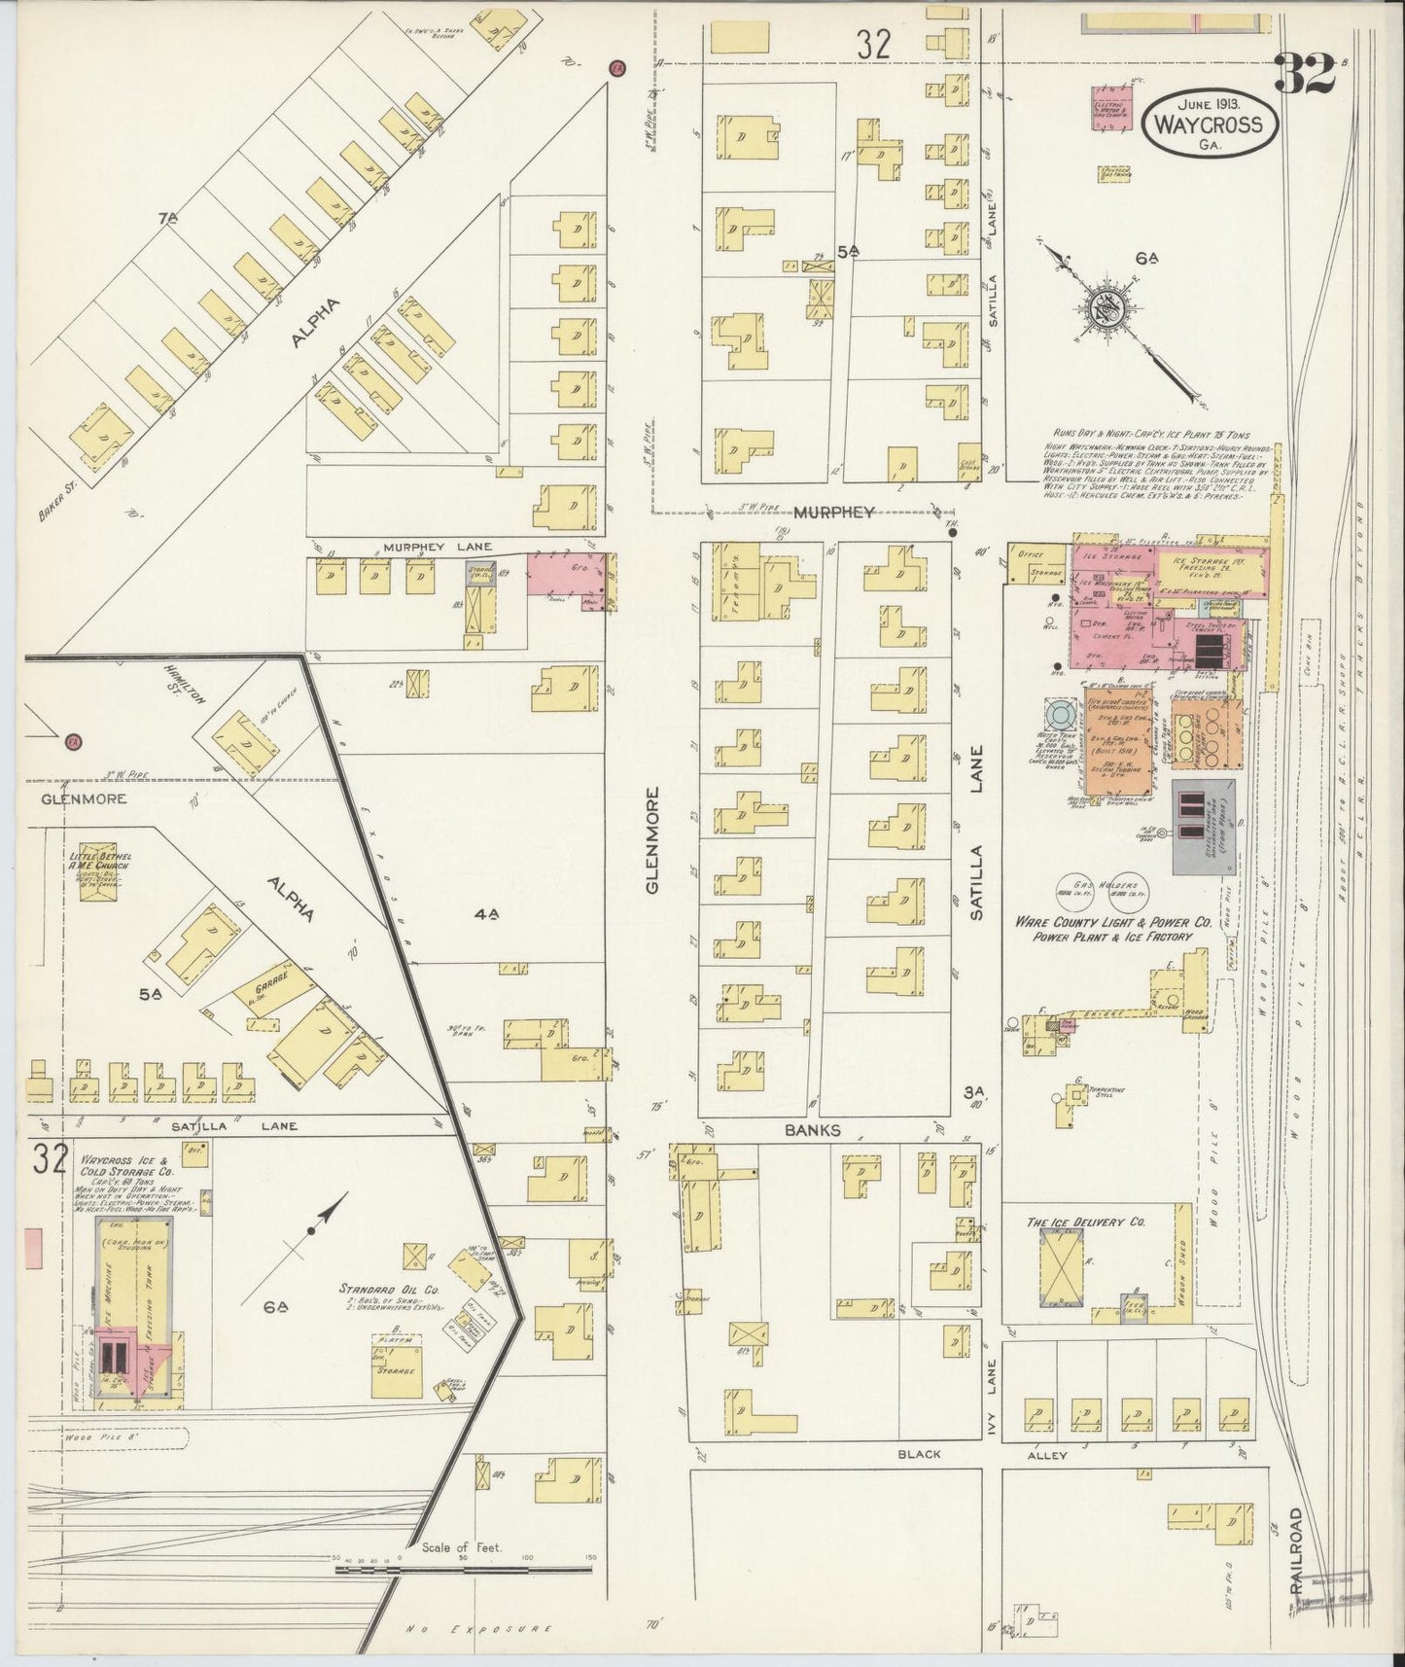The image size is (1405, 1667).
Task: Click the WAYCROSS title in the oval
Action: [1209, 124]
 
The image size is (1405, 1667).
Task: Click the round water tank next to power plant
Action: [1060, 715]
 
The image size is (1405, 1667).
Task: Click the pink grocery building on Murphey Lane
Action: [564, 573]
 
